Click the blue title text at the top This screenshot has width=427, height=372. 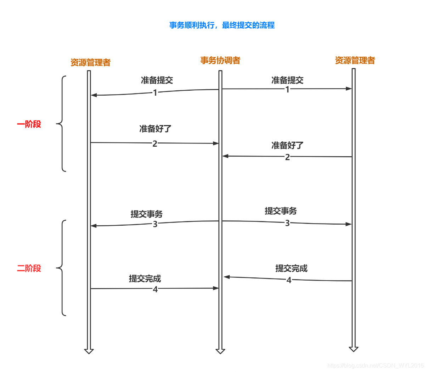(x=222, y=25)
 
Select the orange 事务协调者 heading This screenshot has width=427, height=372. (x=220, y=61)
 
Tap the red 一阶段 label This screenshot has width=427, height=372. (x=29, y=124)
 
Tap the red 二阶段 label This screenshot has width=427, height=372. (x=29, y=269)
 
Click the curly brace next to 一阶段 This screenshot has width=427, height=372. (x=61, y=124)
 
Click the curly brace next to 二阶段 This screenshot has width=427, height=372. (x=61, y=268)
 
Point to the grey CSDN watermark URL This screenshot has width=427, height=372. (x=375, y=365)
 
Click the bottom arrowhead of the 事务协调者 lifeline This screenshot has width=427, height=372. (x=220, y=351)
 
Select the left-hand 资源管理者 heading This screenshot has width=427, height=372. (x=90, y=63)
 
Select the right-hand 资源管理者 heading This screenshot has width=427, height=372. (x=355, y=61)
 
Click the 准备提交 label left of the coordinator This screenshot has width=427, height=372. (x=157, y=80)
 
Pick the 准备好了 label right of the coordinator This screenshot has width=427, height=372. (x=287, y=145)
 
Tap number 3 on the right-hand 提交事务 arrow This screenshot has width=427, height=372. (x=287, y=223)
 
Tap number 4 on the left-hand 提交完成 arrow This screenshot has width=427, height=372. (x=155, y=289)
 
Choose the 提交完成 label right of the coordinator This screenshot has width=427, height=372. (x=291, y=269)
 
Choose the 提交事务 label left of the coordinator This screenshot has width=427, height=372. (x=146, y=214)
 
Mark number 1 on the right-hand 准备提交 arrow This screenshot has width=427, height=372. (x=287, y=89)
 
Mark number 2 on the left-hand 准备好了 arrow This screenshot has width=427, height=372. (x=155, y=143)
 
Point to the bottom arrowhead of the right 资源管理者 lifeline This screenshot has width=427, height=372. (x=353, y=349)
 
